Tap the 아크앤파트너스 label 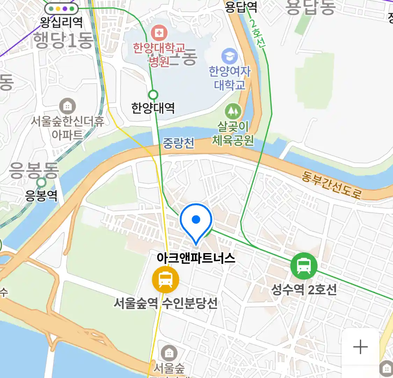click(x=196, y=258)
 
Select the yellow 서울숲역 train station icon click(x=166, y=280)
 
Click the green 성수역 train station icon click(x=304, y=266)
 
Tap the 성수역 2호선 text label click(x=304, y=289)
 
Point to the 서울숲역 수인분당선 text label click(x=166, y=303)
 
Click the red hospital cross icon click(x=159, y=33)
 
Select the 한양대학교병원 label click(x=159, y=55)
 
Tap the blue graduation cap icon click(x=230, y=56)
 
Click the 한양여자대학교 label click(x=230, y=78)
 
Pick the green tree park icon click(x=233, y=111)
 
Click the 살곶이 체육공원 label click(x=233, y=133)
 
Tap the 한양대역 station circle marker click(x=153, y=95)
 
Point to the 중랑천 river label click(x=179, y=143)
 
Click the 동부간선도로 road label click(x=331, y=185)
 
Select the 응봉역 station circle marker click(x=42, y=182)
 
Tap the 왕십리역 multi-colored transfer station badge click(x=61, y=9)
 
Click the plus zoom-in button click(x=361, y=347)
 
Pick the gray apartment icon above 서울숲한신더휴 click(x=67, y=106)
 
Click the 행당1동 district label click(x=63, y=40)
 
